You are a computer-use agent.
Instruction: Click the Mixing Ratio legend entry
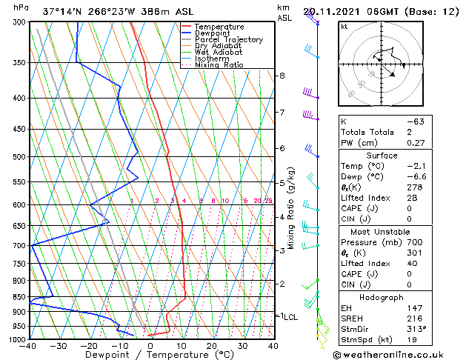coord(219,65)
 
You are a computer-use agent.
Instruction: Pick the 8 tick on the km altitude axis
coord(282,76)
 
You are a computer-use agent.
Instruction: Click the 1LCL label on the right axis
coord(287,316)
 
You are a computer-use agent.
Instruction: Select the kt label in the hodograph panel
coord(344,27)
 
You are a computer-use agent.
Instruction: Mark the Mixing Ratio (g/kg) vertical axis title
coord(292,207)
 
